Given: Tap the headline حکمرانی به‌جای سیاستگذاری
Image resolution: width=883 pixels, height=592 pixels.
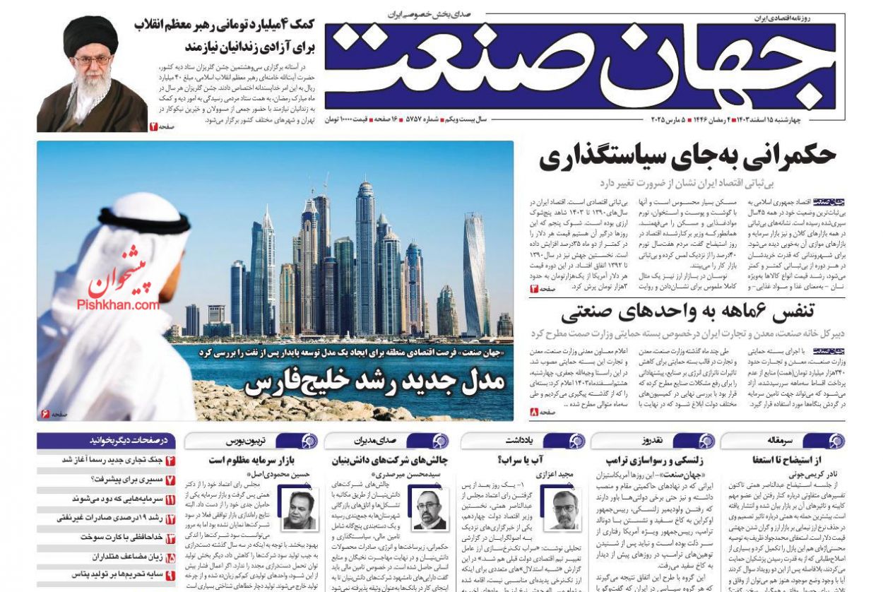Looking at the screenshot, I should [687, 157].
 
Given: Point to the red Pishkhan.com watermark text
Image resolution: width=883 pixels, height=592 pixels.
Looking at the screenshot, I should [119, 304].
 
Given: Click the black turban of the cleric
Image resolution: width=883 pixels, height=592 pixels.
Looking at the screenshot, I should [90, 35].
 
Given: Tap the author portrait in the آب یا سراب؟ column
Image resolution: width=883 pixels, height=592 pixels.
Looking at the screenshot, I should [565, 509].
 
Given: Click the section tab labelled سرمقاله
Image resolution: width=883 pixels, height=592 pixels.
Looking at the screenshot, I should [781, 441].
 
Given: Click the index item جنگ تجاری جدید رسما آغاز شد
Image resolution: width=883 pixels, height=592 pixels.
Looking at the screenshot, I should [113, 461].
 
